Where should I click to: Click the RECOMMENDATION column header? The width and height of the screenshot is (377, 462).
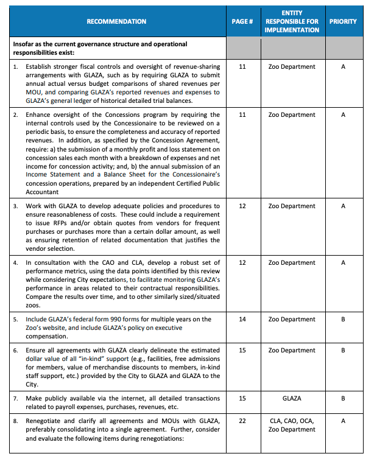click(116, 21)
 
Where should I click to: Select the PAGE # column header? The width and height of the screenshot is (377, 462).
click(242, 21)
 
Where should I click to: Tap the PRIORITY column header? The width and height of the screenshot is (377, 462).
click(343, 21)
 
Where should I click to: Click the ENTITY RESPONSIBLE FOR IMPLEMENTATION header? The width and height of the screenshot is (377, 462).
click(292, 21)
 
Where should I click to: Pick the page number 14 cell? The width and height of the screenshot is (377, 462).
click(242, 320)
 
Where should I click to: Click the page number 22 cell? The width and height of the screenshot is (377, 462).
click(242, 421)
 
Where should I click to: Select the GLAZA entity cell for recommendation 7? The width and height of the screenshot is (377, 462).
click(292, 399)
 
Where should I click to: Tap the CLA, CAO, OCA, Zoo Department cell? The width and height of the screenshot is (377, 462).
click(292, 425)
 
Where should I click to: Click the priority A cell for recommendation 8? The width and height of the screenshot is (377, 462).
click(343, 421)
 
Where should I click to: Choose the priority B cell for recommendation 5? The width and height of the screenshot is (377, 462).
click(343, 320)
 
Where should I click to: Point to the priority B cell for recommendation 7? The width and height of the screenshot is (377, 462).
click(343, 399)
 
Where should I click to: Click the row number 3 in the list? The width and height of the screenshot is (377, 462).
click(16, 206)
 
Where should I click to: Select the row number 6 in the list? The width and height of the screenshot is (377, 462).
click(16, 351)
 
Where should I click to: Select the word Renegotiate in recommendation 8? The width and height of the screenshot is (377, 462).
click(47, 421)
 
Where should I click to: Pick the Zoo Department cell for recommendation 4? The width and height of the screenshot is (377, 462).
click(292, 263)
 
